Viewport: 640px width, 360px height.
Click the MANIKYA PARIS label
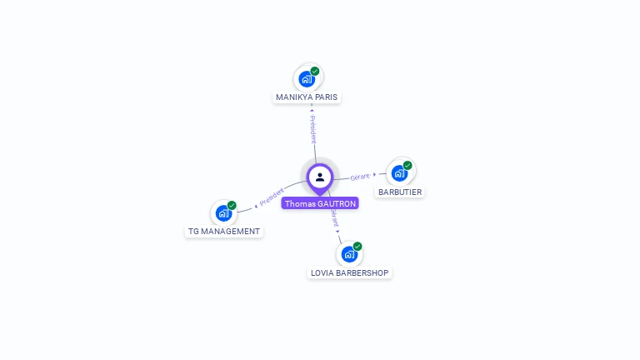(307, 97)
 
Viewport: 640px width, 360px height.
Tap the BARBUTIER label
(400, 192)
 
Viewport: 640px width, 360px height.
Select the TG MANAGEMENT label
(223, 232)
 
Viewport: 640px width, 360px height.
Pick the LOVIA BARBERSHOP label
(349, 273)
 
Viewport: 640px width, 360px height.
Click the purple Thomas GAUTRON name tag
(320, 203)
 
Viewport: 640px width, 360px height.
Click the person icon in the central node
(320, 177)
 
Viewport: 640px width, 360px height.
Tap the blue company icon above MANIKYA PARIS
(307, 79)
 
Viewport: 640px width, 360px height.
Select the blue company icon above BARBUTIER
(399, 173)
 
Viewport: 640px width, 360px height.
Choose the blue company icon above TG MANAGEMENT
(223, 213)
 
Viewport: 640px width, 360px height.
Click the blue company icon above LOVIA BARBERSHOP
(349, 254)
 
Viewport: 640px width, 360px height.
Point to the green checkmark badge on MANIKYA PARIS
(315, 71)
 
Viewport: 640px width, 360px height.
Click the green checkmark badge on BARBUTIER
(407, 165)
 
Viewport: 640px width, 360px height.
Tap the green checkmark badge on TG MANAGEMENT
(232, 205)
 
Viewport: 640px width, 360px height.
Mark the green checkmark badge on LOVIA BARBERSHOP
(357, 246)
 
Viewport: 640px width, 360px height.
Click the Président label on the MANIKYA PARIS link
(312, 129)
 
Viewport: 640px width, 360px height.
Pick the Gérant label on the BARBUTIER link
(360, 177)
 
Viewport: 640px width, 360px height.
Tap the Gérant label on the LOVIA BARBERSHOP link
(335, 218)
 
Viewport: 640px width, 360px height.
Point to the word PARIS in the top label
(327, 97)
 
